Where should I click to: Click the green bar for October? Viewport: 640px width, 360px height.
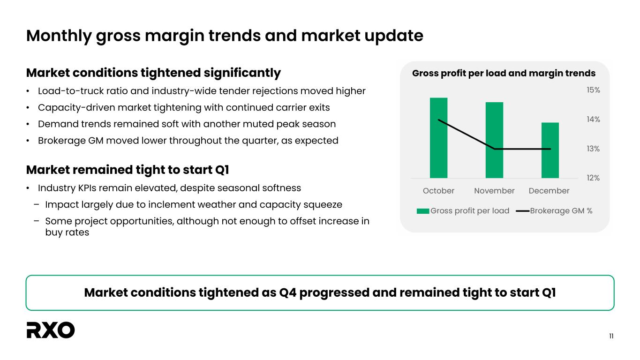(438, 138)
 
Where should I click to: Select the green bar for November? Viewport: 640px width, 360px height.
(494, 140)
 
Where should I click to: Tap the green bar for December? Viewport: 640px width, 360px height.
(550, 150)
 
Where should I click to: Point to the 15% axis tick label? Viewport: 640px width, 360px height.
(594, 90)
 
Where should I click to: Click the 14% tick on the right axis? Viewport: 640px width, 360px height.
(594, 120)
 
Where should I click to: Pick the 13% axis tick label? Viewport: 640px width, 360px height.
(594, 149)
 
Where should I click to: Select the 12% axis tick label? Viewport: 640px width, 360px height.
(594, 178)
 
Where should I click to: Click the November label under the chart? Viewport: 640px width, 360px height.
(494, 191)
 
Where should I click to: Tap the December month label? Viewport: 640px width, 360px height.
(549, 191)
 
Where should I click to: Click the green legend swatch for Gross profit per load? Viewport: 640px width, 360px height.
(423, 211)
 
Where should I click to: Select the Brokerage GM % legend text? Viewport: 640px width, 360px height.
(561, 211)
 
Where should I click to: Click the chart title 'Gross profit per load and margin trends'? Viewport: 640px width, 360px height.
(504, 74)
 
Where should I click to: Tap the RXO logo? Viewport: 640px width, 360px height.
(51, 330)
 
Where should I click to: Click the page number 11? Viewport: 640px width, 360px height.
(611, 336)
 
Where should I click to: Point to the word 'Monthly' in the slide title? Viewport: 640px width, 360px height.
(59, 36)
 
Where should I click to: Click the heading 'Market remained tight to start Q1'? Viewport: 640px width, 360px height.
(128, 170)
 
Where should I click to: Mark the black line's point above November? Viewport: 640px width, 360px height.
(495, 149)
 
